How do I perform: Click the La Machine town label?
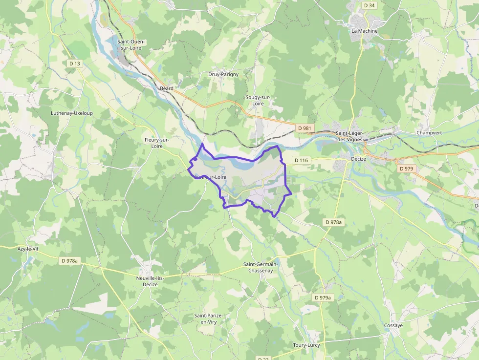(365, 31)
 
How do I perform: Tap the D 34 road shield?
(370, 5)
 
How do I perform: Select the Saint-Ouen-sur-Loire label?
(131, 45)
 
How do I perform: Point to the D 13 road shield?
(75, 64)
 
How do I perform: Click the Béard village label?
(167, 88)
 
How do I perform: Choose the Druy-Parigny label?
(223, 74)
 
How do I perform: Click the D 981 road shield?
(305, 128)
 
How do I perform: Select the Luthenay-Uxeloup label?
(72, 113)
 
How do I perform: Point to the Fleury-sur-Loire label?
(156, 143)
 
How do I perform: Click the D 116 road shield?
(302, 160)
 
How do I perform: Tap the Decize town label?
(358, 159)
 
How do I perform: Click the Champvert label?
(429, 133)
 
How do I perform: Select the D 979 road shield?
(406, 169)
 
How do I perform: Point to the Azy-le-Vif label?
(28, 249)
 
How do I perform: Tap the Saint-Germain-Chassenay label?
(261, 267)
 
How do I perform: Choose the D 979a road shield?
(323, 297)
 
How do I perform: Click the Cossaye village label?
(393, 325)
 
